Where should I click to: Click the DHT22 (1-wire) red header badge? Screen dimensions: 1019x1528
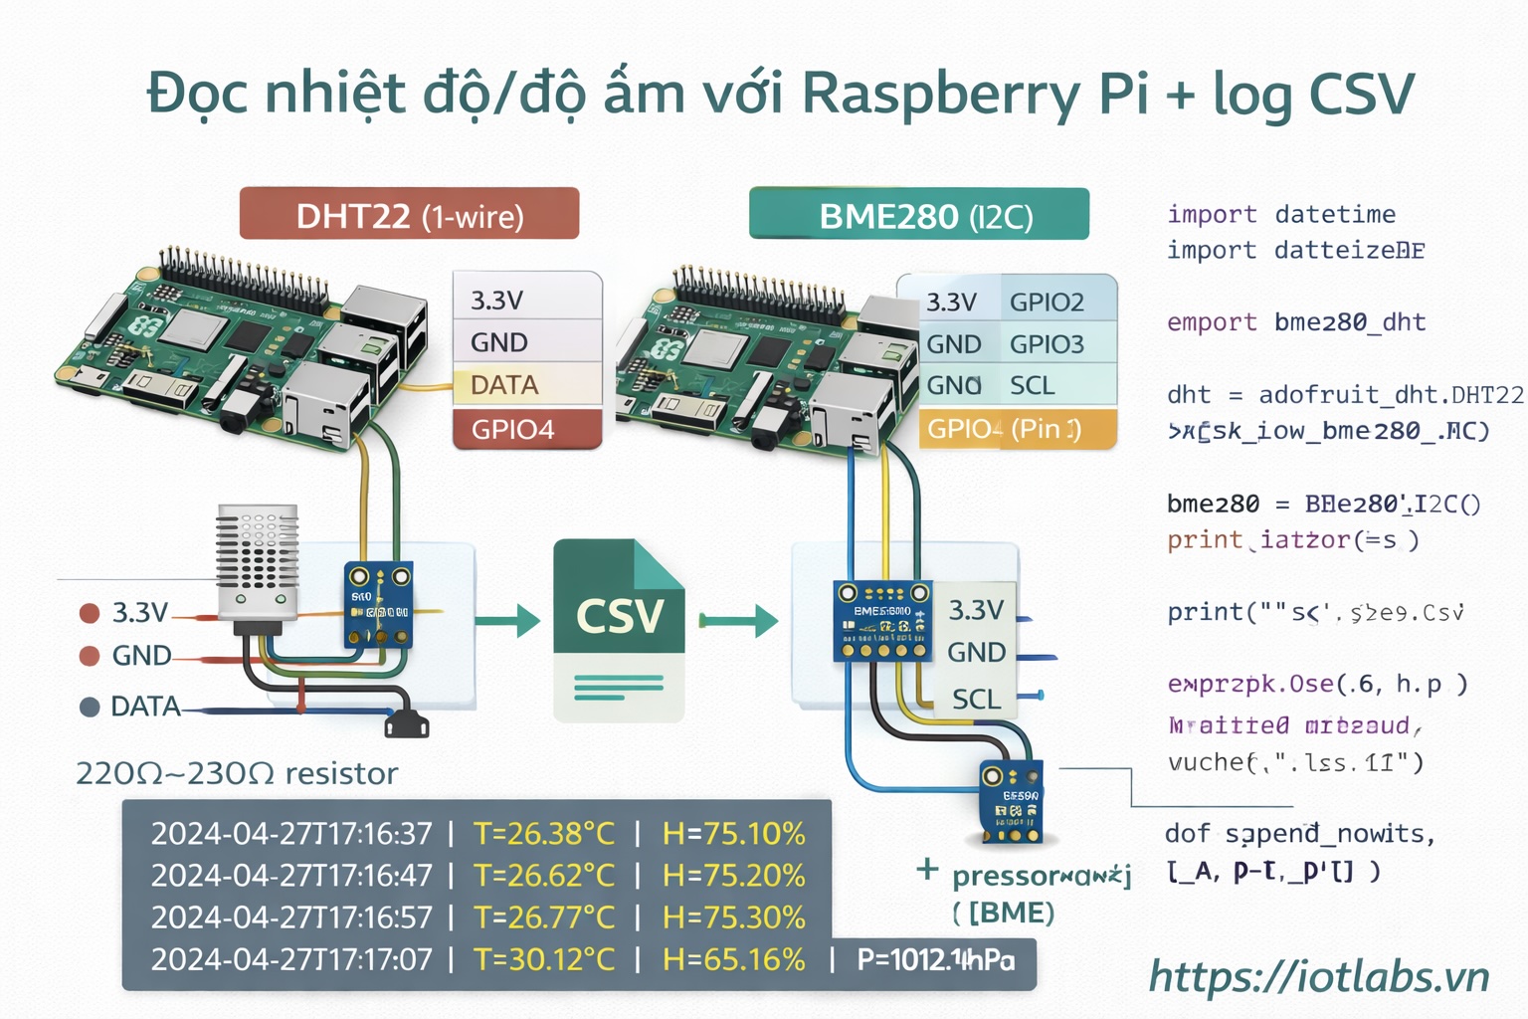tap(409, 214)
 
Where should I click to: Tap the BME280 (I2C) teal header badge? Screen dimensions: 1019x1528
tap(919, 214)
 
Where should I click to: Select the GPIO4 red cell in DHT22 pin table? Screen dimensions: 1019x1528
tap(527, 429)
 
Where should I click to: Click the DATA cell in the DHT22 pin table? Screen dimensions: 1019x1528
tap(527, 384)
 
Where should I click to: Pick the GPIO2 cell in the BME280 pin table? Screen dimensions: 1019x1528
tap(1056, 302)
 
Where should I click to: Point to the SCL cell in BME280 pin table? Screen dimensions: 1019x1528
tap(1056, 385)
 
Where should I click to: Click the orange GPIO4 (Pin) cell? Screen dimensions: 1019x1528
tap(1017, 429)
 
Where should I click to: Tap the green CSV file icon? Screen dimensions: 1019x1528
tap(619, 629)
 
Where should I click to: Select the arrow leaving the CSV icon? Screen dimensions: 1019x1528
tap(737, 621)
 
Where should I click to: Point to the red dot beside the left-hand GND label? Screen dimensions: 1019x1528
tap(90, 655)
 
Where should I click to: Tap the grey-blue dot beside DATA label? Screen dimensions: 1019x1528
tap(90, 707)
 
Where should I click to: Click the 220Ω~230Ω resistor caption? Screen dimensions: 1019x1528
tap(237, 773)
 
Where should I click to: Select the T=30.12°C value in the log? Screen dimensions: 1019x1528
tap(544, 959)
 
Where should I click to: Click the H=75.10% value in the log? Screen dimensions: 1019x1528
tap(733, 833)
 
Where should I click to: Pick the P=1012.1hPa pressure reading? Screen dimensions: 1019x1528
tap(936, 959)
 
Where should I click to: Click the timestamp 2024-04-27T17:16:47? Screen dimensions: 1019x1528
tap(291, 875)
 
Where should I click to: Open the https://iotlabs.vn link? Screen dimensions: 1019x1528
tap(1319, 976)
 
